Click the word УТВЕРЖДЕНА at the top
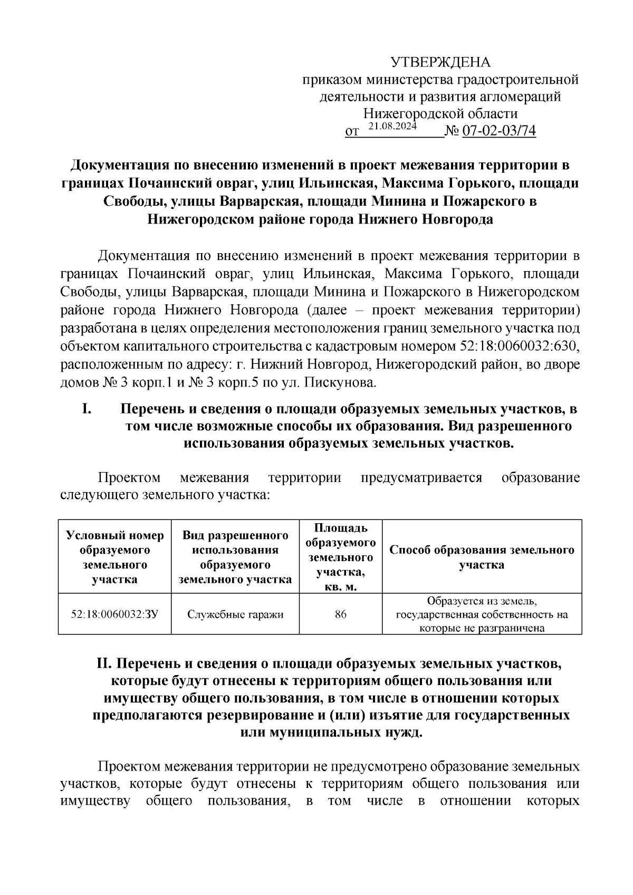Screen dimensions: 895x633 tap(440, 63)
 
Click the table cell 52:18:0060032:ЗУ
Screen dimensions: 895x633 tap(114, 614)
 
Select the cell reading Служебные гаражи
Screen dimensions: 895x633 tap(235, 614)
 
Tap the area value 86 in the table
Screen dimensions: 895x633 tap(341, 614)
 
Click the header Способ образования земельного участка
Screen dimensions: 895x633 tap(482, 557)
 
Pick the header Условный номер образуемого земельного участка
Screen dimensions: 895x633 tap(114, 557)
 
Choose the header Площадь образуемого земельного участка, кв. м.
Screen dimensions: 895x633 tap(341, 557)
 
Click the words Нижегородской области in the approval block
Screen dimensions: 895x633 tap(440, 113)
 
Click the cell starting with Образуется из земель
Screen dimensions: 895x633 tap(482, 614)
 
